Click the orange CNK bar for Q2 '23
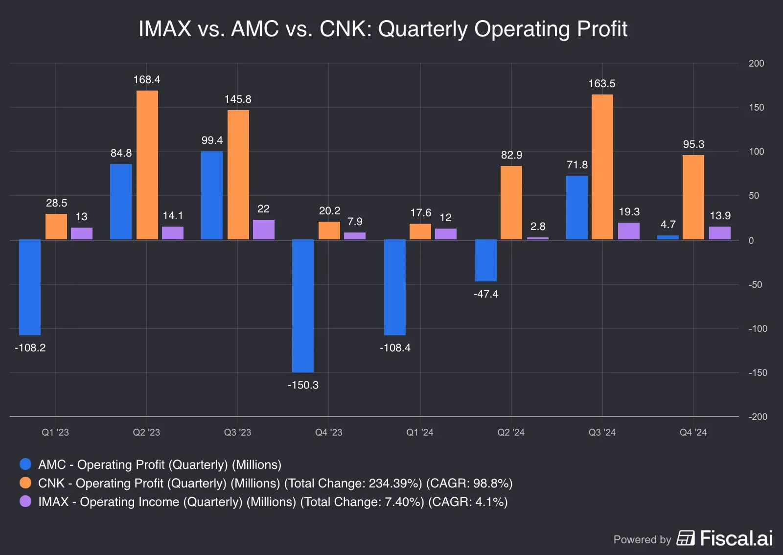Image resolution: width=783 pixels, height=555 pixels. [147, 165]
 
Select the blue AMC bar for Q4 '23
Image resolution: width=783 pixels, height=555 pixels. [302, 306]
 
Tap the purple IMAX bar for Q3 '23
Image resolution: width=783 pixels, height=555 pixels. [263, 230]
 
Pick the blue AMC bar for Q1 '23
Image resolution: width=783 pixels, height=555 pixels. [30, 287]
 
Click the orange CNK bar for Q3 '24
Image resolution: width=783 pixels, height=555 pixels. [602, 167]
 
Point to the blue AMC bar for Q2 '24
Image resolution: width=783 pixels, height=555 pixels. [485, 260]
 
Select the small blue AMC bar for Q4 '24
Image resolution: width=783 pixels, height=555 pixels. [668, 237]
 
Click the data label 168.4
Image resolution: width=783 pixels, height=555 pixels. [147, 80]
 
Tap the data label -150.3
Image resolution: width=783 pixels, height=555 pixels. [302, 385]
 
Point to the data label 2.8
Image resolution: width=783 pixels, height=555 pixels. [537, 227]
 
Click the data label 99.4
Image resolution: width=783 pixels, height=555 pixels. [212, 140]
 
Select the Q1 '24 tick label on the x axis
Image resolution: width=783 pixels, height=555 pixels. [419, 433]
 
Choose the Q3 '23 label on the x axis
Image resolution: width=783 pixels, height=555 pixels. [237, 433]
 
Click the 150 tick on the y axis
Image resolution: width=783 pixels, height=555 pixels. [756, 108]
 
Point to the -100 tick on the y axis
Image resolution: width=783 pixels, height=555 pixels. [757, 329]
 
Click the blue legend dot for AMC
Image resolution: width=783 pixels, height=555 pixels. [25, 464]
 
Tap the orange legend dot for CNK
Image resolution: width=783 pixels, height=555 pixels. [25, 483]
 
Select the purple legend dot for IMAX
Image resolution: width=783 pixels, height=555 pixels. [25, 501]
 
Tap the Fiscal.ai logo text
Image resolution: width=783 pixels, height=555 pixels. [736, 538]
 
